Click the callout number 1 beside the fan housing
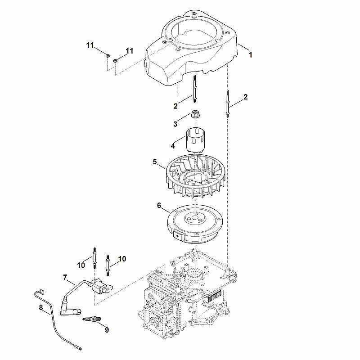pos(251,55)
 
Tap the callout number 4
pos(173,146)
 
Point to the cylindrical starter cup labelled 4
pos(195,140)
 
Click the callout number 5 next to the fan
pos(155,162)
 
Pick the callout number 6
pos(159,205)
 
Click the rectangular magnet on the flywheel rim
pos(178,235)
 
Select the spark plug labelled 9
pos(92,319)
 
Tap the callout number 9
pos(107,330)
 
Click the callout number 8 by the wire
pos(41,307)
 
